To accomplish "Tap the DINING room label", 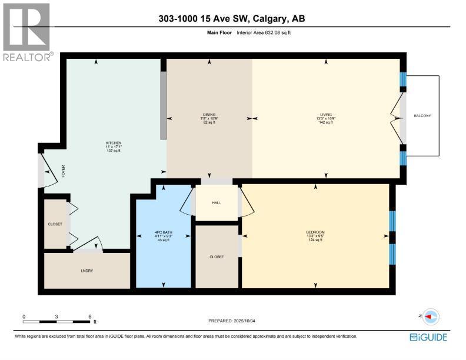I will pos(209,114).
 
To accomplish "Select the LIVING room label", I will pos(326,114).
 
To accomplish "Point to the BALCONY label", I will pos(422,115).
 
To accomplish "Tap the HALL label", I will pos(216,203).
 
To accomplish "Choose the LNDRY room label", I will pos(86,271).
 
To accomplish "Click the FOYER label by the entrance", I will pos(63,171).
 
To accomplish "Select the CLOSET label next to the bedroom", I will pos(216,256).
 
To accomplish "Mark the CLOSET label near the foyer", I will pos(55,224).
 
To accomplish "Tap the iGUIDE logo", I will pos(428,337).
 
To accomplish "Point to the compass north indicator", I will pos(431,316).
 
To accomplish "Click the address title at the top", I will pos(232,19).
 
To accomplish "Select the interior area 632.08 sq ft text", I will pos(264,33).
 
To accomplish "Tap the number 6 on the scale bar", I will pos(89,316).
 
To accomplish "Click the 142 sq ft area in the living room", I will pos(326,122).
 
